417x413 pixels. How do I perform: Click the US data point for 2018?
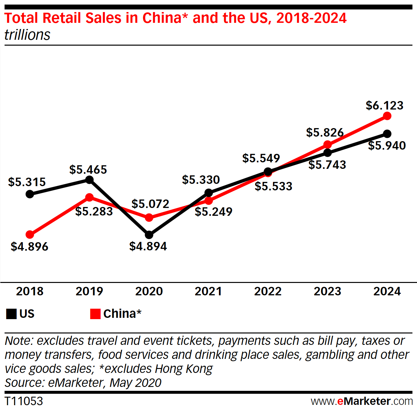30,194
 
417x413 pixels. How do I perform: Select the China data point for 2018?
30,234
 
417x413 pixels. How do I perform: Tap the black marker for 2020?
149,235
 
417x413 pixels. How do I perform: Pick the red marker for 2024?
387,116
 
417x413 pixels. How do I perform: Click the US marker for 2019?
89,180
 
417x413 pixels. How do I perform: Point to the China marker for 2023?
327,144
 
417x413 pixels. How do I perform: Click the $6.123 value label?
384,105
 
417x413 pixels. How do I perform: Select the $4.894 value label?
148,246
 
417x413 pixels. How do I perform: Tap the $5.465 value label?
88,170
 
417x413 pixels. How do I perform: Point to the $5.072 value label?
150,204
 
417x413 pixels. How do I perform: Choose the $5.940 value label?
387,145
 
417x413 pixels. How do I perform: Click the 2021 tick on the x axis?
208,291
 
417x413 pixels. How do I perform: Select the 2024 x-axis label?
387,291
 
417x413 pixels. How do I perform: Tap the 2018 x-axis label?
30,291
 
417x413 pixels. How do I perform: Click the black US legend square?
11,314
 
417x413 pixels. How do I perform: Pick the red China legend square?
95,314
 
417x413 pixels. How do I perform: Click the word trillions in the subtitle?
27,35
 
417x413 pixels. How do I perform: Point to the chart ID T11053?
24,401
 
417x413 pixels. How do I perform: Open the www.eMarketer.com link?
362,401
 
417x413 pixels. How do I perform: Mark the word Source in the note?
24,382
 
